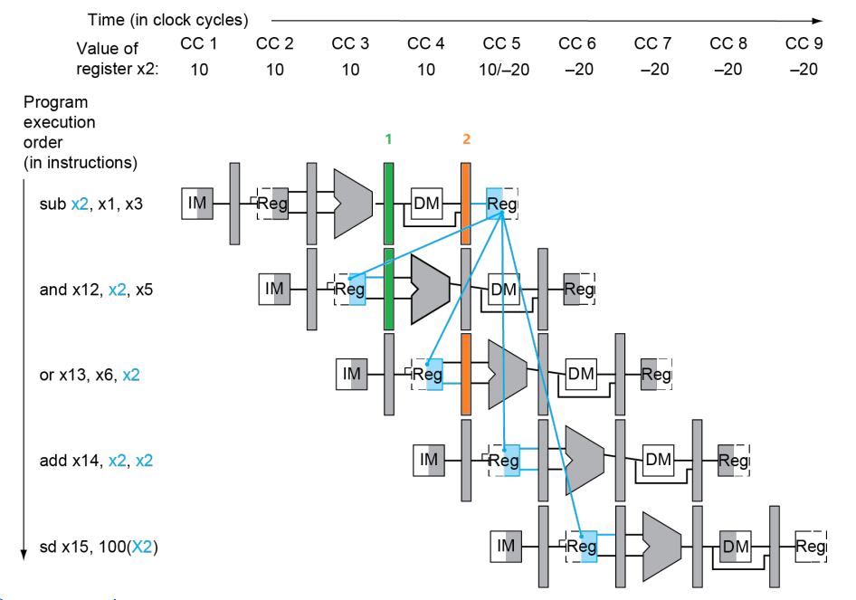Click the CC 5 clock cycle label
pyautogui.click(x=501, y=43)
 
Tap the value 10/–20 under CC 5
pyautogui.click(x=504, y=70)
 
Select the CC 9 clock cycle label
pyautogui.click(x=804, y=43)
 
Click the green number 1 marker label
pyautogui.click(x=388, y=139)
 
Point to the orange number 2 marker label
pyautogui.click(x=466, y=139)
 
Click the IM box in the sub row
pyautogui.click(x=197, y=203)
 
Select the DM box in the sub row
pyautogui.click(x=426, y=203)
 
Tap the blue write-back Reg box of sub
pyautogui.click(x=501, y=204)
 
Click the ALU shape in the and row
pyautogui.click(x=430, y=289)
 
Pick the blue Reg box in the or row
pyautogui.click(x=427, y=375)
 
